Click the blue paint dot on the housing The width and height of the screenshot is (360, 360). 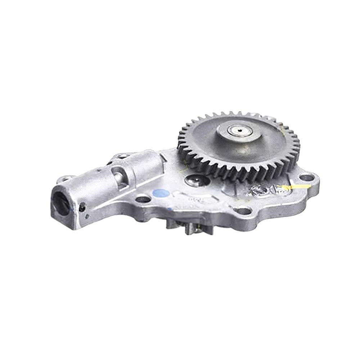click(x=161, y=193)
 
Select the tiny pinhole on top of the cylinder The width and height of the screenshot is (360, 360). click(x=99, y=169)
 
